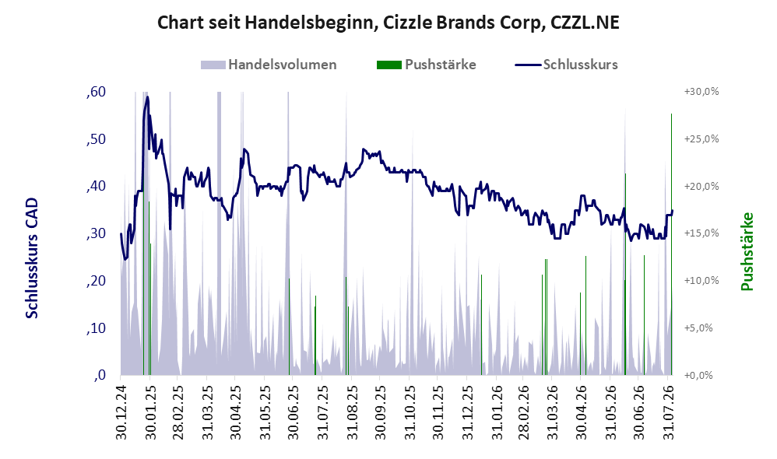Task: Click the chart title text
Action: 388,23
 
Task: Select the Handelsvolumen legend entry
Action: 269,65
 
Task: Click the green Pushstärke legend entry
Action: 426,65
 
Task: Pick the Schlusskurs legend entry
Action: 566,65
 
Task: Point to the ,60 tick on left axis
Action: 96,92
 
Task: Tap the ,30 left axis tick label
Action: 96,233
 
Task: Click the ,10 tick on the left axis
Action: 96,328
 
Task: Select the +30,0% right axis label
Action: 701,92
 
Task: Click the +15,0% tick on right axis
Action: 701,233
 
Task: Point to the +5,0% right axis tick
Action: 698,328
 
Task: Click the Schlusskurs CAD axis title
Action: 32,258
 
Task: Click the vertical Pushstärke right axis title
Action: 747,251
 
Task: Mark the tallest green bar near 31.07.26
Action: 671,244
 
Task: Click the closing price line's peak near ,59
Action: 147,97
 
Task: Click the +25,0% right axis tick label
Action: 701,138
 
